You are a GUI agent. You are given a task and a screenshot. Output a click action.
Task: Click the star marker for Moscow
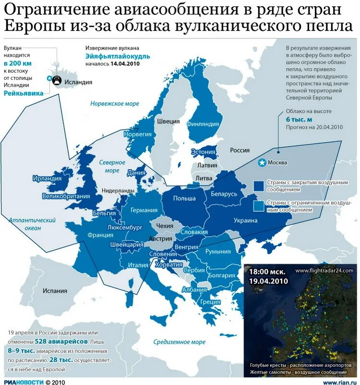[x=262, y=163]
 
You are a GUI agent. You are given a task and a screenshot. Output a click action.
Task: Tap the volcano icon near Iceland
[x=56, y=80]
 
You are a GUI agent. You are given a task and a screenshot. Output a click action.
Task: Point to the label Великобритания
[x=66, y=196]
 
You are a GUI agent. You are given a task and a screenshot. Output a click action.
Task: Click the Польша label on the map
[x=185, y=198]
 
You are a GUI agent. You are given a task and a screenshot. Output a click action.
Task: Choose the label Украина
[x=246, y=220]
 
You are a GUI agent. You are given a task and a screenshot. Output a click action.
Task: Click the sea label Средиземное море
[x=179, y=342]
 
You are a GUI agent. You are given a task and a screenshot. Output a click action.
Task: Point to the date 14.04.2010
[x=125, y=64]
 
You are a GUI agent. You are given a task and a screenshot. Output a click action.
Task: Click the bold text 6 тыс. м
[x=299, y=119]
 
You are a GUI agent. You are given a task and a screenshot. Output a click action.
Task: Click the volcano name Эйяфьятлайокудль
[x=117, y=56]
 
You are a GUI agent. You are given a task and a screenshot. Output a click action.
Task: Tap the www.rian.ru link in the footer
[x=339, y=382]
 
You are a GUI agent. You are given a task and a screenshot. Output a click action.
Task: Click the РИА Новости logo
[x=23, y=382]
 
